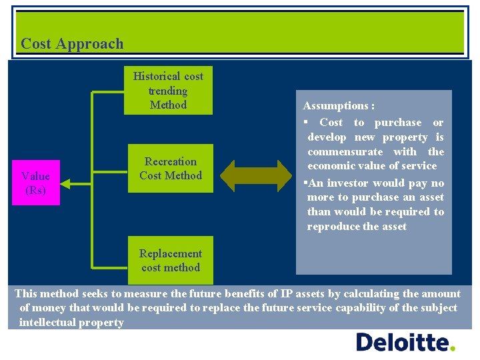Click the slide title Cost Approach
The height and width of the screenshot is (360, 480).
(x=72, y=44)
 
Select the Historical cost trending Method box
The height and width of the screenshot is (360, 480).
(x=168, y=90)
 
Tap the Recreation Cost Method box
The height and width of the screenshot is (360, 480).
(x=171, y=168)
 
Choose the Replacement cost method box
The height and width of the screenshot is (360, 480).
(x=171, y=260)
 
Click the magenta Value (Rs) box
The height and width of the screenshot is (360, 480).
(x=35, y=183)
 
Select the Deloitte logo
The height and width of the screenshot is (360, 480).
(x=405, y=342)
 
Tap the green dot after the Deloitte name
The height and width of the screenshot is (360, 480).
(x=453, y=348)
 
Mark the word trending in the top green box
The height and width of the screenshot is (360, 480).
(x=168, y=91)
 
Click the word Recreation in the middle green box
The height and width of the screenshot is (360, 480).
(x=171, y=161)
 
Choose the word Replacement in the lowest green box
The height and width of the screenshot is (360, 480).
(x=171, y=253)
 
